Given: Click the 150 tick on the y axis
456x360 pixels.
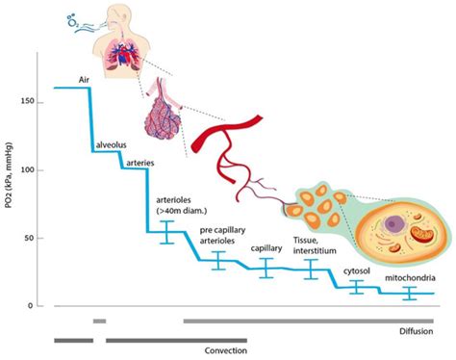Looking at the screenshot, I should tap(36, 101).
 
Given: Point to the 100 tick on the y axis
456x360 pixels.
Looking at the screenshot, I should tap(36, 169).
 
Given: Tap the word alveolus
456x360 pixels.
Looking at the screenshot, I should tap(112, 144).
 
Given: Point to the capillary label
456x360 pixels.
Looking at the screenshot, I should tap(266, 248).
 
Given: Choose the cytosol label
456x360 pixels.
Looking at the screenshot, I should tap(359, 272).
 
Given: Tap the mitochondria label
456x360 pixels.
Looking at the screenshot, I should tap(408, 276).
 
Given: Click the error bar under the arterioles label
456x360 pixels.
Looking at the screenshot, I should tap(166, 232).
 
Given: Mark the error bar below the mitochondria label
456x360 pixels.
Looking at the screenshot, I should tap(410, 294).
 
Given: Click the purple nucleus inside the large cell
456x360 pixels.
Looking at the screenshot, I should tap(392, 225).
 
